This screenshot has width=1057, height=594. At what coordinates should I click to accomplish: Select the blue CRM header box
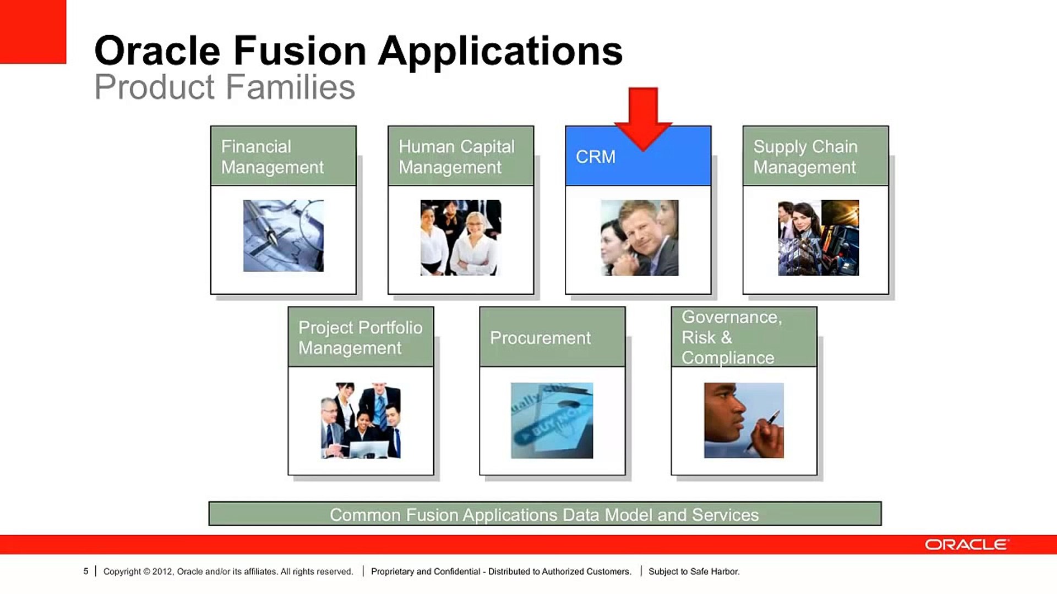638,156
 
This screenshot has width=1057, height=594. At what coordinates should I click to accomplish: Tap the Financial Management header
284,156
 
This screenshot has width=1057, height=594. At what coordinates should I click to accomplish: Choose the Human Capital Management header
461,156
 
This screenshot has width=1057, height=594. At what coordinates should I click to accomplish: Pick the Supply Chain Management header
815,156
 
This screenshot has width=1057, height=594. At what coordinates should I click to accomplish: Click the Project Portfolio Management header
361,337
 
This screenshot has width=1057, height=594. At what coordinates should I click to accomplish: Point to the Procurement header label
540,338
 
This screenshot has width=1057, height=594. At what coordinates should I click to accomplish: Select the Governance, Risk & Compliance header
744,337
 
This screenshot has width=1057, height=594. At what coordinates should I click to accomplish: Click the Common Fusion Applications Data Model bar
545,514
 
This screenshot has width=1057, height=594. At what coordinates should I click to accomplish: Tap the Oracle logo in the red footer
967,544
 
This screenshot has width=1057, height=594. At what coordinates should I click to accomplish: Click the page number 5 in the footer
86,571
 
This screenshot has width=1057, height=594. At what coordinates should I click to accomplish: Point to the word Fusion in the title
300,51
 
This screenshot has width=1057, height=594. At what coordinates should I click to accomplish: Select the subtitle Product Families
225,87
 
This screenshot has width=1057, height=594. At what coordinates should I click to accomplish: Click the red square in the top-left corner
33,32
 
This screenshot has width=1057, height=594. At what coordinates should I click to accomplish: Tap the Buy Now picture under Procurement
552,421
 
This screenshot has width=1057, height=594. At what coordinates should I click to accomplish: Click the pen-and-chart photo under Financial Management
284,235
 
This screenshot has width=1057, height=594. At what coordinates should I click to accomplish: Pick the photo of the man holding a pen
744,421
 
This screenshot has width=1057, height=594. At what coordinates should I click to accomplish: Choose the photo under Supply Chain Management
818,238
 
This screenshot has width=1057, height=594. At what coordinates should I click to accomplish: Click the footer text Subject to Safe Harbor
694,571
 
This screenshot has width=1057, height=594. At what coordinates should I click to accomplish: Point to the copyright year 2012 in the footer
162,571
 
